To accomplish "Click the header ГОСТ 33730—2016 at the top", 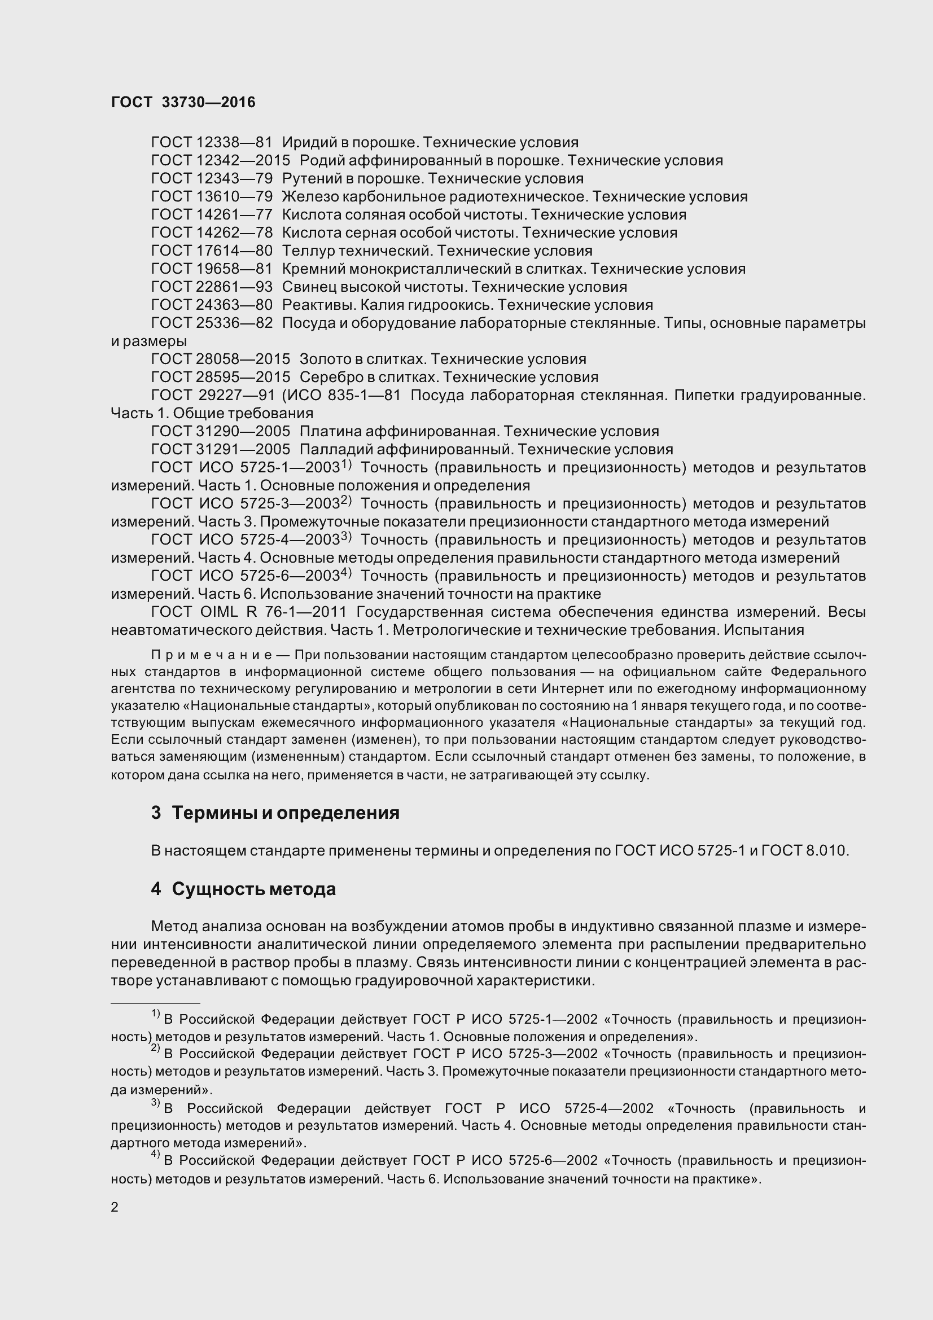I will pos(183,102).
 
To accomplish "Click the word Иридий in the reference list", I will pos(304,142).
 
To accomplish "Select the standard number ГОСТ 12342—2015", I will pos(220,160).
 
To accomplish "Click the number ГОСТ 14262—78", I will pos(212,233).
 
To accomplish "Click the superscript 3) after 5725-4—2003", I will pos(345,537).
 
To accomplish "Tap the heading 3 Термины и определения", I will pos(275,812).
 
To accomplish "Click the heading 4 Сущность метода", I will pos(243,889).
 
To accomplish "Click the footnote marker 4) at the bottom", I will pos(155,1154).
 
